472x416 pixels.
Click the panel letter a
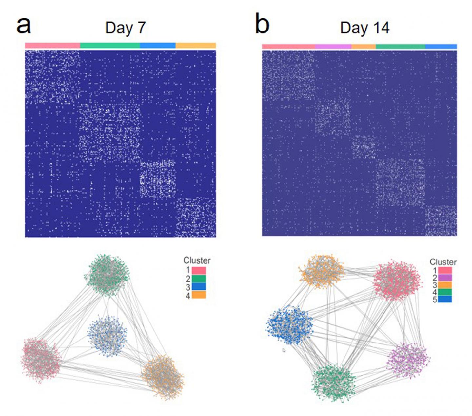(24, 26)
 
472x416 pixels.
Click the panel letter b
(262, 25)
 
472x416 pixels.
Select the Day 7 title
(125, 28)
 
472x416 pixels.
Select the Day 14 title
(364, 28)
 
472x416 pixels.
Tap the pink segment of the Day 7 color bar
(52, 46)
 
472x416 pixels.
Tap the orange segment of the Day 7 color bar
(196, 46)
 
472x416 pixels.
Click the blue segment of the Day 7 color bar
(158, 46)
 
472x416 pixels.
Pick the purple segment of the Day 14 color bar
(333, 47)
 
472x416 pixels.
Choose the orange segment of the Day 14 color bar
(364, 47)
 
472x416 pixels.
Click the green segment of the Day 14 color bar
(400, 47)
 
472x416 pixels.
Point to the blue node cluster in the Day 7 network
(107, 336)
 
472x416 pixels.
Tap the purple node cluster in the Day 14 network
(408, 360)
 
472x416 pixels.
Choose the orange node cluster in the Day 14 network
(322, 271)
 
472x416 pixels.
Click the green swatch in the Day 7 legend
(199, 279)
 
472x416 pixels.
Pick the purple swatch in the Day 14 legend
(445, 278)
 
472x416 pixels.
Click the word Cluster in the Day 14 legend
(443, 262)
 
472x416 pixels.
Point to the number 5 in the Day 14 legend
(435, 299)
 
